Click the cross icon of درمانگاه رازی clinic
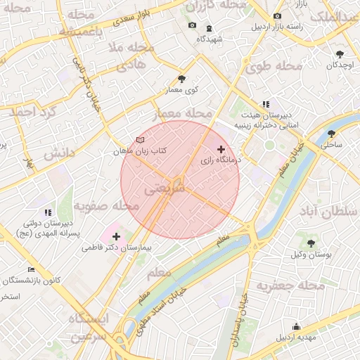221,149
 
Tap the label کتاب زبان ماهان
140,151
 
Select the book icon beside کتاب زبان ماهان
141,141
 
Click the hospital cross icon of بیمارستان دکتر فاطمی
116,236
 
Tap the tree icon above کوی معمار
182,79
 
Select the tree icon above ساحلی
331,134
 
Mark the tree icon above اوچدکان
340,53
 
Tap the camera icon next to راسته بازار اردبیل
278,16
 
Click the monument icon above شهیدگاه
210,28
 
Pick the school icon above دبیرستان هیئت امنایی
266,104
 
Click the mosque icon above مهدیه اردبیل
296,326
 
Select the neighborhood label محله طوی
274,67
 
